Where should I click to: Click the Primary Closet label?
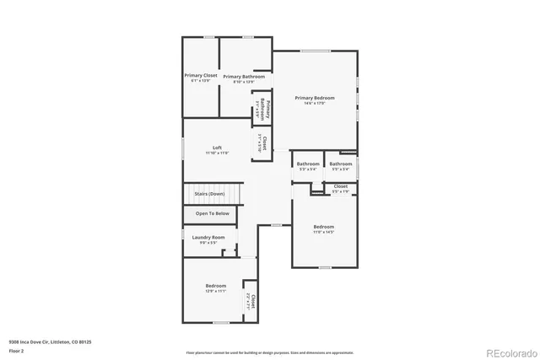pos(201,76)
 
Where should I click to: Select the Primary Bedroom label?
pos(315,98)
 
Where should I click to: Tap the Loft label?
pos(217,148)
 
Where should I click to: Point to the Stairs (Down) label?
pos(210,194)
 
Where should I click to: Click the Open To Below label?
pos(212,213)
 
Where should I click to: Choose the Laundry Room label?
pos(208,238)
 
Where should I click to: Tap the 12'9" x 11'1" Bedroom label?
pos(215,287)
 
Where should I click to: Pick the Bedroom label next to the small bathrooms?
pos(324,227)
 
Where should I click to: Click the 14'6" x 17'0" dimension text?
pos(315,104)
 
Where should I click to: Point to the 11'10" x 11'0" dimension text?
pos(217,154)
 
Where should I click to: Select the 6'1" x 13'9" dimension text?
pos(201,81)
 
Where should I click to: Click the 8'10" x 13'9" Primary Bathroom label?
pos(244,77)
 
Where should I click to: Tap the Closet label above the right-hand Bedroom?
pos(340,186)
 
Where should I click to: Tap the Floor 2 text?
pos(16,350)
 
